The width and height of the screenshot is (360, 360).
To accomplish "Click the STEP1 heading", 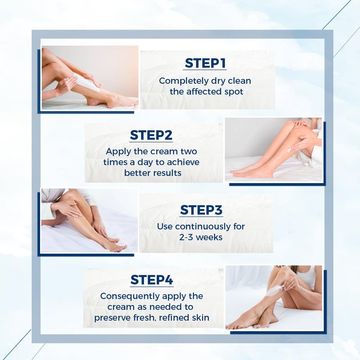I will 205,64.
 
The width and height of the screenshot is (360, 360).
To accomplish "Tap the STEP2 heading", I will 151,135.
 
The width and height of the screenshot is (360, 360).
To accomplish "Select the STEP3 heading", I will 201,210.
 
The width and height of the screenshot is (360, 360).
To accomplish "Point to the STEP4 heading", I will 152,280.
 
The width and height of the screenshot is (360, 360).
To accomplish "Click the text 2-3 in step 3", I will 189,237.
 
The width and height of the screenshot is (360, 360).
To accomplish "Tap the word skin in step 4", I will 200,318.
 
